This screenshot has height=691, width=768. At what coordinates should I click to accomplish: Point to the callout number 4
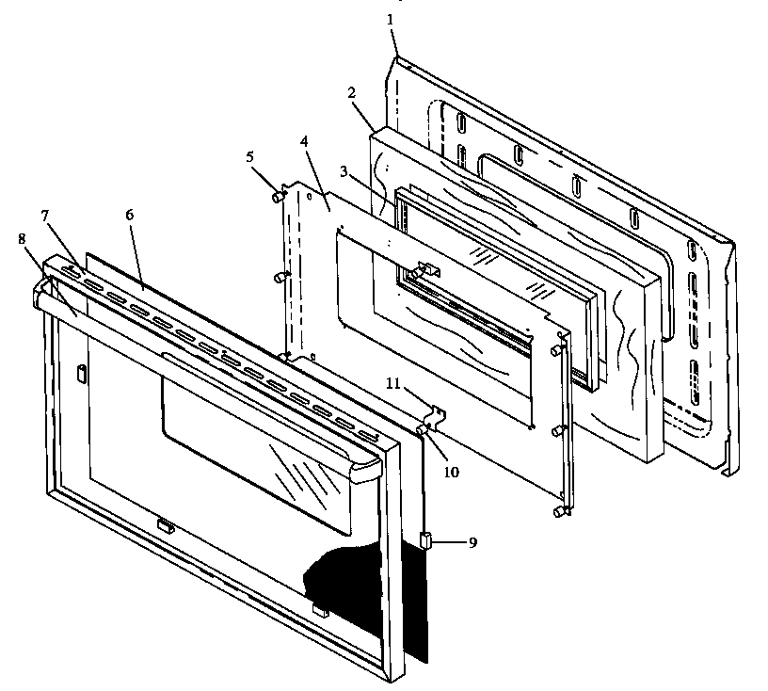point(303,142)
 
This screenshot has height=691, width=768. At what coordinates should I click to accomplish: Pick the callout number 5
point(249,157)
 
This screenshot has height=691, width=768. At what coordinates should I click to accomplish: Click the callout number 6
point(130,215)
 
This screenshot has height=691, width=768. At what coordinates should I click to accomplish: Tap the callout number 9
point(471,542)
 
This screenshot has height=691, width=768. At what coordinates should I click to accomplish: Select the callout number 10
point(451,472)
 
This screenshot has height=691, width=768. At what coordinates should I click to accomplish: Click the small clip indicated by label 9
point(424,540)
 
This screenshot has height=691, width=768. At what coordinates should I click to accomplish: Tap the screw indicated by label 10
point(420,430)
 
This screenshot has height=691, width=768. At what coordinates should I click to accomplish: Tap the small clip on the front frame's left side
point(82,374)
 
